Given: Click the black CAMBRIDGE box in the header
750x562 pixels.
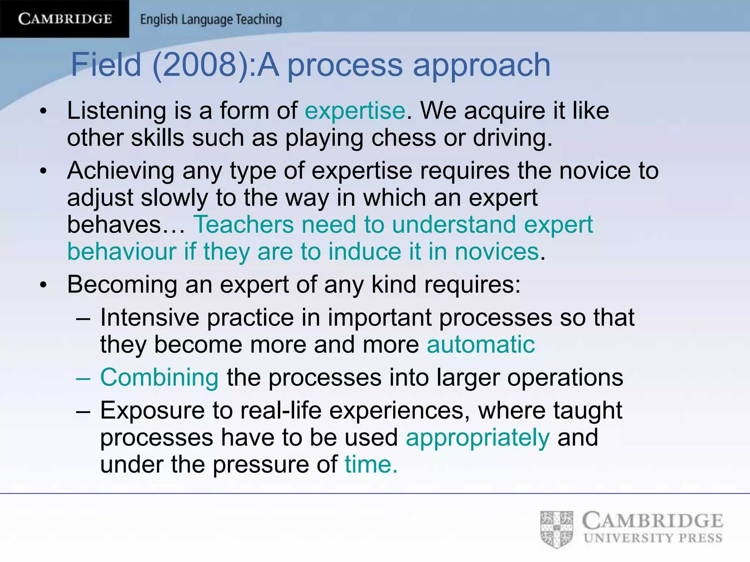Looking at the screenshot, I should pos(64,19).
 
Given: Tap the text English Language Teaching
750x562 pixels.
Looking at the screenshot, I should pos(211,19).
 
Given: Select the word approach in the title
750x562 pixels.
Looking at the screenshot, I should pos(482,65).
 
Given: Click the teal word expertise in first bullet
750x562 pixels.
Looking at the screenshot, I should pos(355,110).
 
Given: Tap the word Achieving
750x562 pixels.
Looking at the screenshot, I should pos(121,171).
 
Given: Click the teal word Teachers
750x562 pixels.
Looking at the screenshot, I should pos(244,224).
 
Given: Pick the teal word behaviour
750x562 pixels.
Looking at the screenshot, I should pos(122,252).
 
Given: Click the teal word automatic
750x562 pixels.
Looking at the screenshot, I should pos(480,345).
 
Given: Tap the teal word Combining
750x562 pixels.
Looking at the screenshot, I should pos(159,378).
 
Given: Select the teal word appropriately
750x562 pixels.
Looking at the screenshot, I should pos(478,438).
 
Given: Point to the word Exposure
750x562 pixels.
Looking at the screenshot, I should pos(152,411).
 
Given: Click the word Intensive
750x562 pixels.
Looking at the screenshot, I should pos(149,317).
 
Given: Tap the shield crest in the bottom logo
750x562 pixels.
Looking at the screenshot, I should pos(556,529).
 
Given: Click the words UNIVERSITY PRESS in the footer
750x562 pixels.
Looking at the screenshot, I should pos(653,538).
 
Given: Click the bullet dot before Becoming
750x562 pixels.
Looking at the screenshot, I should pos(44,285).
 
